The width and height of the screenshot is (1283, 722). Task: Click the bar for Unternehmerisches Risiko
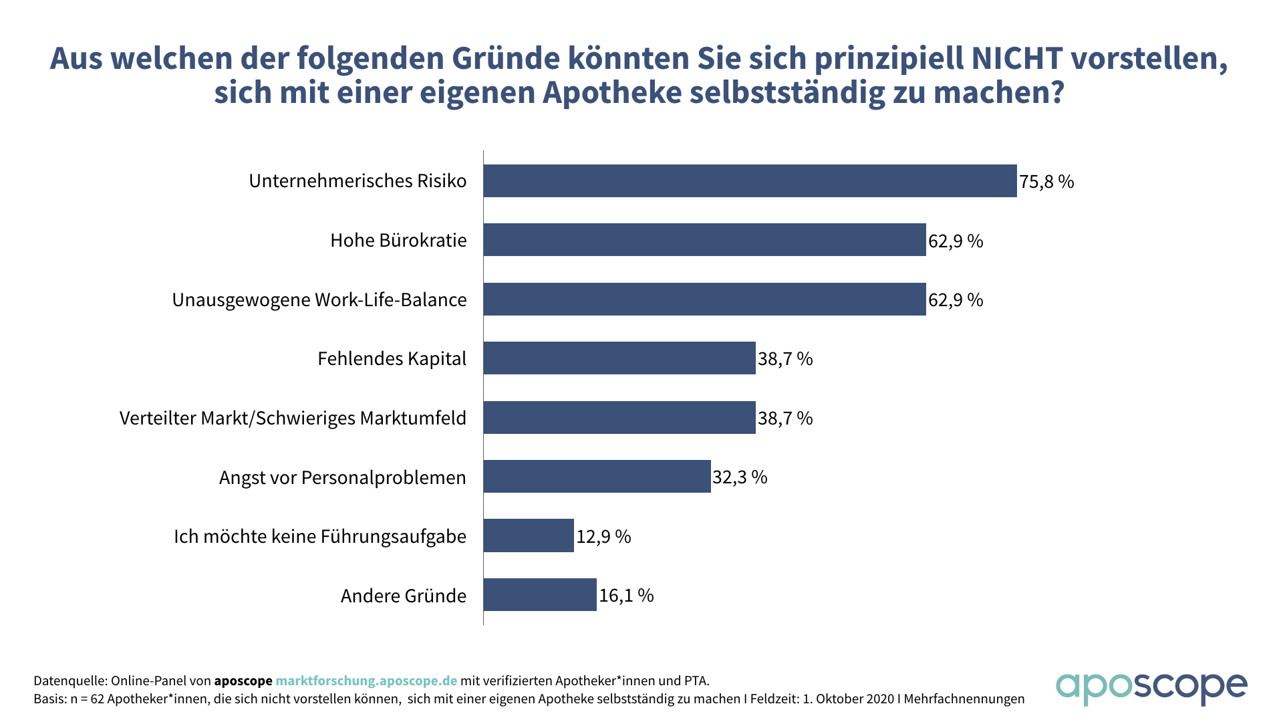pos(750,181)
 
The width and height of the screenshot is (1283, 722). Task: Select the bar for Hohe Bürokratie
pos(704,240)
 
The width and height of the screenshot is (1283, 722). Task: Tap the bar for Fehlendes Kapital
pos(619,358)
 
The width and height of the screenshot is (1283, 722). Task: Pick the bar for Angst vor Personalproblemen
pos(597,477)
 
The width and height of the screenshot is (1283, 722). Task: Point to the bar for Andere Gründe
pos(540,595)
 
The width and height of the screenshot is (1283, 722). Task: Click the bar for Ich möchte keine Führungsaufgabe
pos(529,535)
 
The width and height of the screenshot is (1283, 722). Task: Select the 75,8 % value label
pos(1046,182)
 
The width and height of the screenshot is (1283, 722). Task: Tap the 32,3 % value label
pos(740,477)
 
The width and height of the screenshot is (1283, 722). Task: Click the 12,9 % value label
pos(603,537)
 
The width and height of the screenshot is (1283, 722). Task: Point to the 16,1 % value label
pos(626,596)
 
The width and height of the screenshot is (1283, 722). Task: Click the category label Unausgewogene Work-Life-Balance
pos(319,300)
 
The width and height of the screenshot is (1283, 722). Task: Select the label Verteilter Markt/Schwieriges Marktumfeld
pos(293,418)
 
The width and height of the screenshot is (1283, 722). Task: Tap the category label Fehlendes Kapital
pos(392,359)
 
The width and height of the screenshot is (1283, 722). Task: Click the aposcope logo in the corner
pos(1151,689)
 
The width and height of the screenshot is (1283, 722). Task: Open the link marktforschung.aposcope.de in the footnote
pos(366,681)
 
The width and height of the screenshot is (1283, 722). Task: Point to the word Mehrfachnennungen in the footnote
pos(964,699)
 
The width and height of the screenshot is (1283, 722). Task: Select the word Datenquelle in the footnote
pos(69,681)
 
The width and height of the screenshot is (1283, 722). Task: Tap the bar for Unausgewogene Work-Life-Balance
pos(704,299)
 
